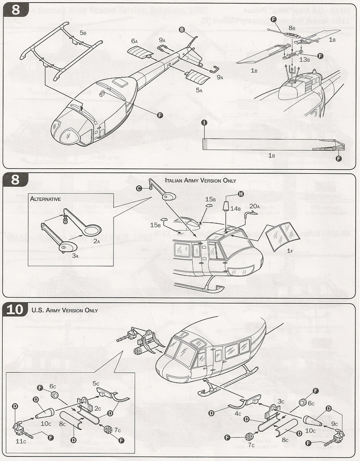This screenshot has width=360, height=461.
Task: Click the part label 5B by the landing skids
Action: (x=83, y=33)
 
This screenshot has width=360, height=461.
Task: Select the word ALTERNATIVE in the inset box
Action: (x=45, y=199)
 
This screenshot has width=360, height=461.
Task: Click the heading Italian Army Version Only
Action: (x=201, y=180)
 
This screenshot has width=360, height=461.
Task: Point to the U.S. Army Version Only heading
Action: (x=65, y=310)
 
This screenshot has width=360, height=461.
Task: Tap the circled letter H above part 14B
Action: (x=241, y=194)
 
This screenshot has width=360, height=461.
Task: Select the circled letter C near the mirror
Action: (x=139, y=188)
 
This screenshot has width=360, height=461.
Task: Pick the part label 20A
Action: (x=255, y=206)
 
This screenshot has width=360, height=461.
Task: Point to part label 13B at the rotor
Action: (x=305, y=59)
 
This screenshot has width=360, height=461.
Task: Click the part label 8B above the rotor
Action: (x=292, y=28)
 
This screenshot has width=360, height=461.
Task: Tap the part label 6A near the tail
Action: (x=134, y=41)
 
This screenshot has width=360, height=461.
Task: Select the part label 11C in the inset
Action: (x=21, y=441)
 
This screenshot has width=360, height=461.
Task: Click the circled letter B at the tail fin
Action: (x=182, y=30)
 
